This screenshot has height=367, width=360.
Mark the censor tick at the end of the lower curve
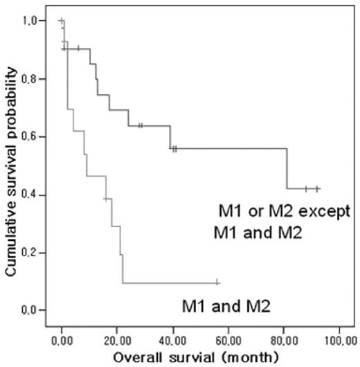[217, 282]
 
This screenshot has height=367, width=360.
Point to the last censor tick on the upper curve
[317, 188]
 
